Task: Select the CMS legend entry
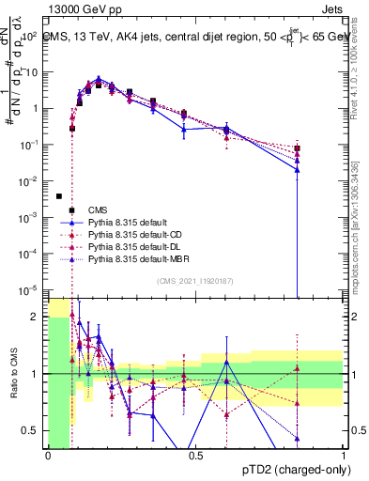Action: (x=98, y=209)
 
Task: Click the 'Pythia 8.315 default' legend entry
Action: (x=131, y=222)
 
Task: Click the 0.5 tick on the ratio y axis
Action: (x=36, y=431)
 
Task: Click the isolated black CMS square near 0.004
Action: (x=59, y=196)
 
